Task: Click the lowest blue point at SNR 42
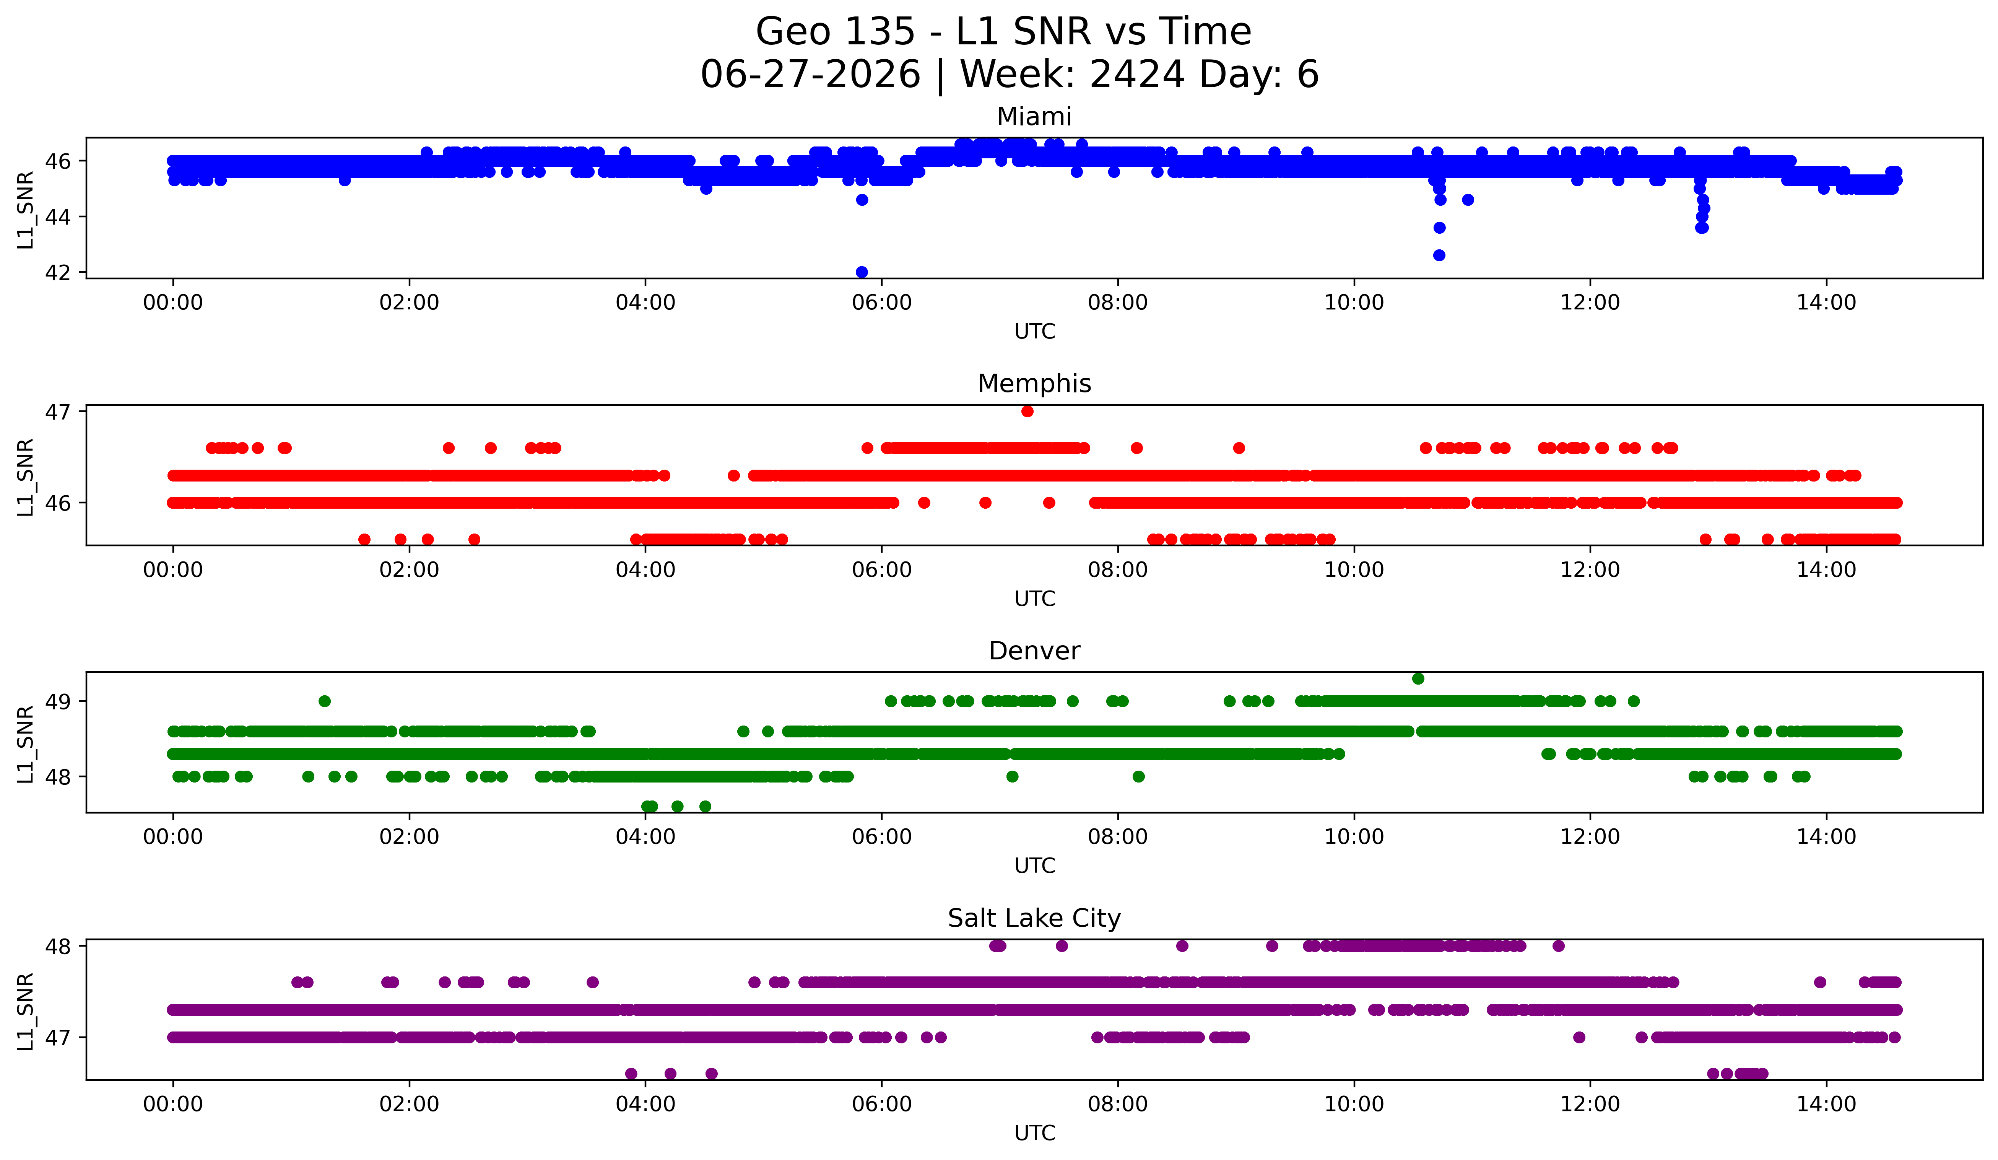(862, 272)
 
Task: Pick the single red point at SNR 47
(1027, 411)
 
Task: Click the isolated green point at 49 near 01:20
(324, 701)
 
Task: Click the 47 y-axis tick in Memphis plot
(58, 412)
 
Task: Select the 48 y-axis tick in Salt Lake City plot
(58, 946)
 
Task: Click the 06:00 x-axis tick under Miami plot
(882, 303)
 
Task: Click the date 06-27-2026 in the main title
(810, 75)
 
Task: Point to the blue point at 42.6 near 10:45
(1439, 255)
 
